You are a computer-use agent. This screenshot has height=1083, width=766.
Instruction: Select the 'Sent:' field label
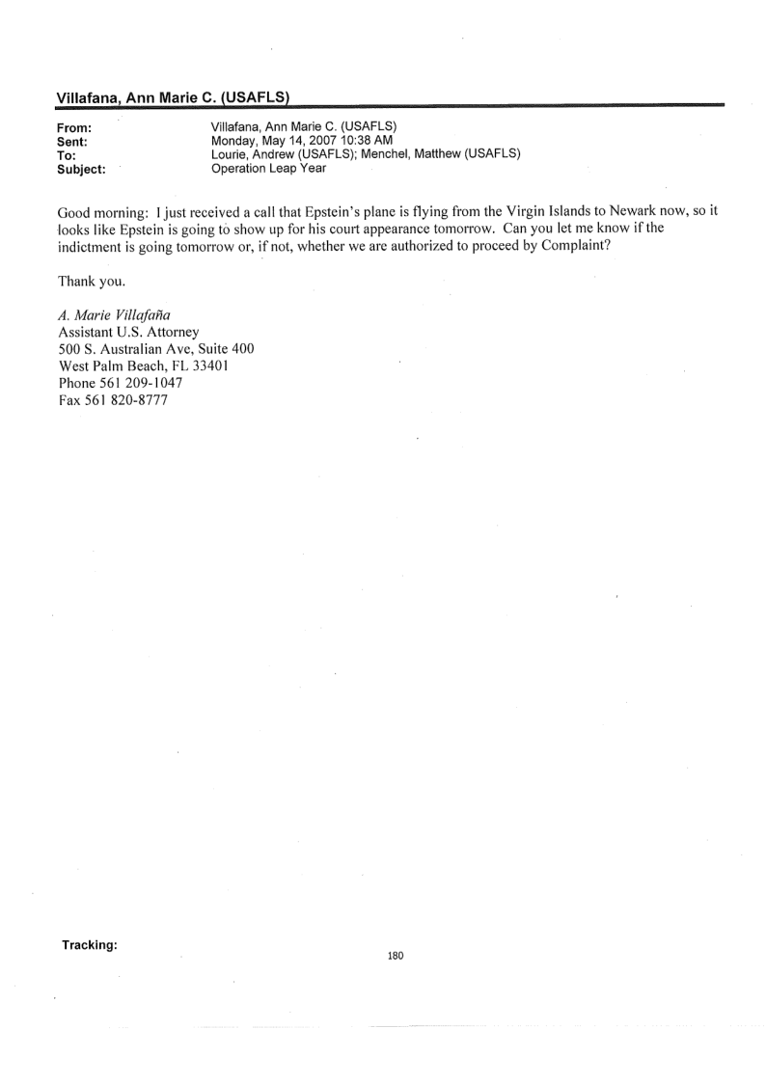pyautogui.click(x=74, y=141)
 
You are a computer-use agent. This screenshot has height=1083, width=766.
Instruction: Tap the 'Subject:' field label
pyautogui.click(x=81, y=167)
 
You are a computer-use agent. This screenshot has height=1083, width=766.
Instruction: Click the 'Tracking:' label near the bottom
pyautogui.click(x=90, y=945)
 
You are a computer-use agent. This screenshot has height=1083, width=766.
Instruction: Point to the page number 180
pyautogui.click(x=396, y=956)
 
